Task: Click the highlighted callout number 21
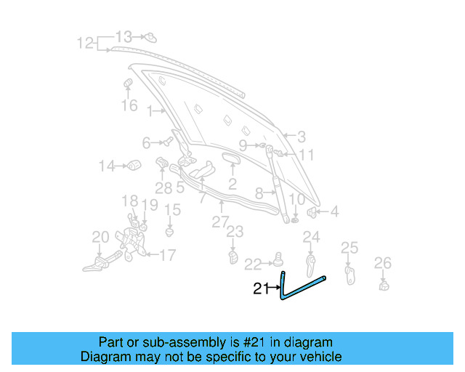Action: point(261,288)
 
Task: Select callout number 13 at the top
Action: point(124,36)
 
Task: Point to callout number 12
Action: point(86,44)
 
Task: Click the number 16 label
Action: point(129,106)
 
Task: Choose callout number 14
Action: point(107,166)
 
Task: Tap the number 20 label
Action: point(100,236)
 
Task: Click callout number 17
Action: point(167,255)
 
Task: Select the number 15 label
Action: point(171,210)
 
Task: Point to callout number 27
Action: point(220,222)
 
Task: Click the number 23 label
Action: point(234,232)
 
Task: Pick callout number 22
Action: point(252,264)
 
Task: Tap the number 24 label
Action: point(311,236)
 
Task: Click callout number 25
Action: point(349,248)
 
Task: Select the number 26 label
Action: point(382,262)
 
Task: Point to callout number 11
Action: point(306,155)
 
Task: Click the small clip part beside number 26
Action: point(383,283)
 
